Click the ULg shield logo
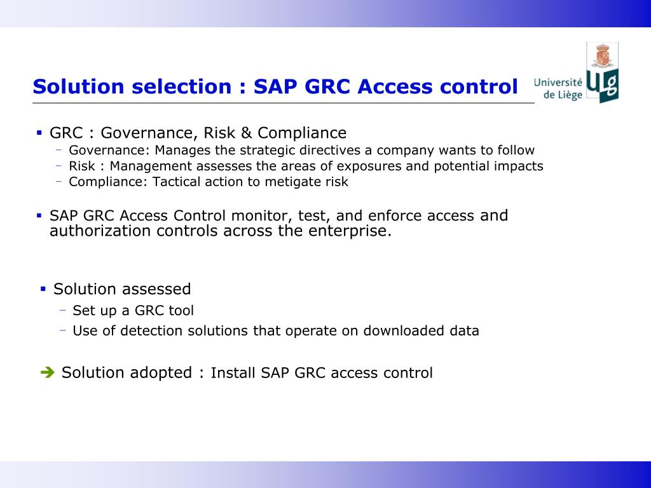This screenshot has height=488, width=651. pyautogui.click(x=601, y=73)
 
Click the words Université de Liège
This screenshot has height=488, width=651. pyautogui.click(x=558, y=89)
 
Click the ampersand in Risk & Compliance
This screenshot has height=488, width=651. pyautogui.click(x=247, y=133)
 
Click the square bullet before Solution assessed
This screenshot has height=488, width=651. pyautogui.click(x=43, y=289)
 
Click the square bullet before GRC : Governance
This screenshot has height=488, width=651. pyautogui.click(x=39, y=133)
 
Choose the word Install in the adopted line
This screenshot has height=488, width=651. pyautogui.click(x=233, y=373)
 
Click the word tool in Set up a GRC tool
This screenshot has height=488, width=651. pyautogui.click(x=181, y=311)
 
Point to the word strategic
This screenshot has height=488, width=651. pyautogui.click(x=267, y=151)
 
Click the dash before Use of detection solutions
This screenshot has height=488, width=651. pyautogui.click(x=62, y=330)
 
